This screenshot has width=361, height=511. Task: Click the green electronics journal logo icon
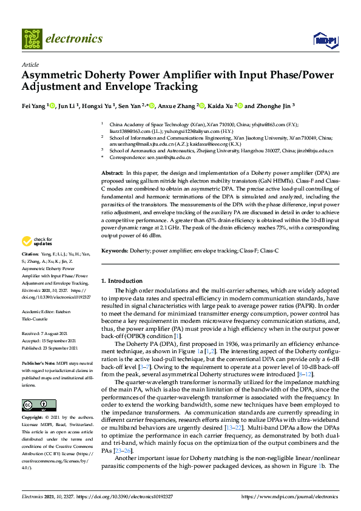tap(32, 39)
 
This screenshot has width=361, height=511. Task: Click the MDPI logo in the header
tap(325, 41)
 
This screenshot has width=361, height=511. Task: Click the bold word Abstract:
tap(112, 174)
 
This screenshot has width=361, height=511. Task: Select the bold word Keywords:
tap(114, 250)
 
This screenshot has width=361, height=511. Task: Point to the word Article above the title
tap(30, 64)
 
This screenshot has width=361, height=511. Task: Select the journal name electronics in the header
tap(74, 39)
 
